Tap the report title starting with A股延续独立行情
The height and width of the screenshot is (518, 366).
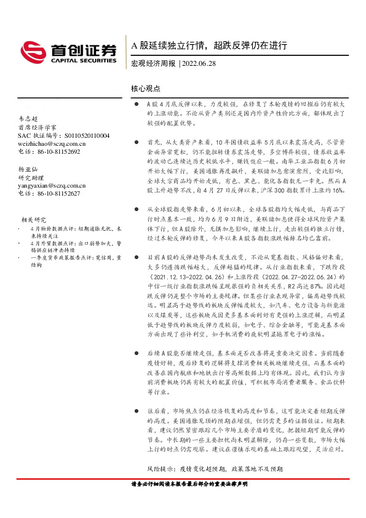[210, 46]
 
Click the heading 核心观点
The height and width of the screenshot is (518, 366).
[145, 89]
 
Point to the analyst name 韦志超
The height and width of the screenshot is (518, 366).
[28, 119]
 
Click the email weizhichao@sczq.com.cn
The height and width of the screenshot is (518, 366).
[52, 143]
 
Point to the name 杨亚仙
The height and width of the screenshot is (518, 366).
[28, 169]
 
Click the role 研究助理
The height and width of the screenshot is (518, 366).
[31, 177]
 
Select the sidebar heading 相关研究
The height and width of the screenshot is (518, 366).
[34, 218]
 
